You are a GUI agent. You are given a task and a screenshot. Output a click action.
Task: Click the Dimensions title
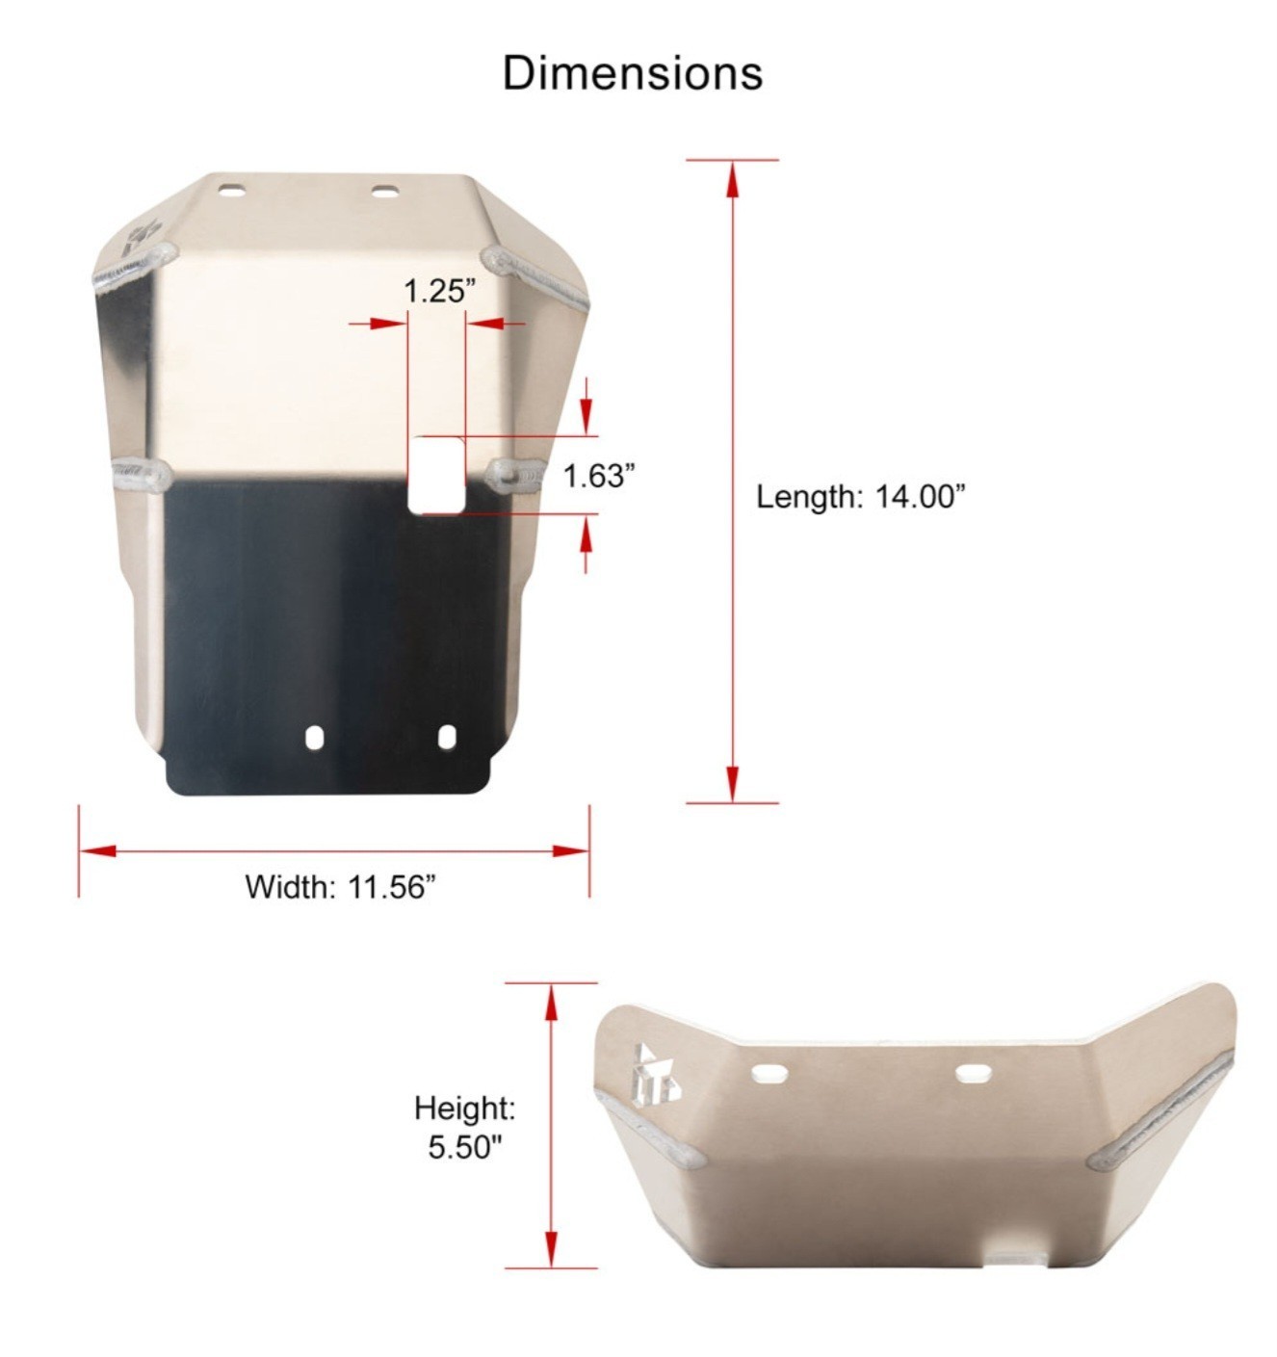(x=632, y=72)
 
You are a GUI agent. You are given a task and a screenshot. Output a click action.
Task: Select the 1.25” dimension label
(x=438, y=291)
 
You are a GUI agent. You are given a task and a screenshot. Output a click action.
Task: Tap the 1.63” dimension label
(x=598, y=476)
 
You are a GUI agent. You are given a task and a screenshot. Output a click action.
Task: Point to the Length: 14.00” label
(x=861, y=497)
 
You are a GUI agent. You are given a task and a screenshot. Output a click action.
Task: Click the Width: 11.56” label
(x=340, y=887)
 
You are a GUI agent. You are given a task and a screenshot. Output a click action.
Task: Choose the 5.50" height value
(x=464, y=1146)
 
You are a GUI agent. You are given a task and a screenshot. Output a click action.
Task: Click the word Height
(x=464, y=1109)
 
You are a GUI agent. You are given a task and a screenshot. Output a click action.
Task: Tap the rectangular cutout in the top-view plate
(x=436, y=474)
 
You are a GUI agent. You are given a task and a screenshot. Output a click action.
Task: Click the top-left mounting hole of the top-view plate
(x=232, y=190)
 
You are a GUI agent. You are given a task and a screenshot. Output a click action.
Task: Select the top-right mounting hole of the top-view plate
(x=384, y=192)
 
